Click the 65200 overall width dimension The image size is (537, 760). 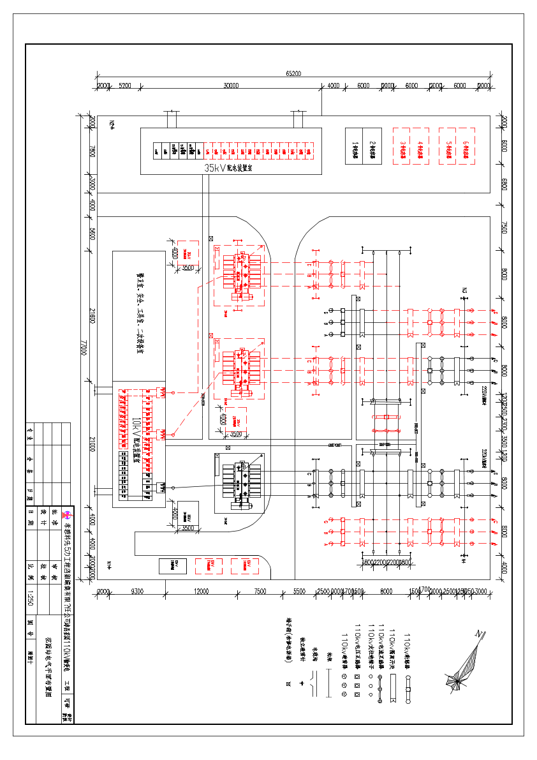tap(293, 73)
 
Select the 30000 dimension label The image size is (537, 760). tap(231, 86)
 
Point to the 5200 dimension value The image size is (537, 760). tap(125, 86)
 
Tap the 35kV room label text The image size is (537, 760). tap(228, 168)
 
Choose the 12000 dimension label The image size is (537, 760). tap(202, 592)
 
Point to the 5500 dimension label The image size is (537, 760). tap(300, 592)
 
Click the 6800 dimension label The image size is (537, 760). tap(504, 184)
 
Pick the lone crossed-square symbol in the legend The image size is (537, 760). tap(289, 683)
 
